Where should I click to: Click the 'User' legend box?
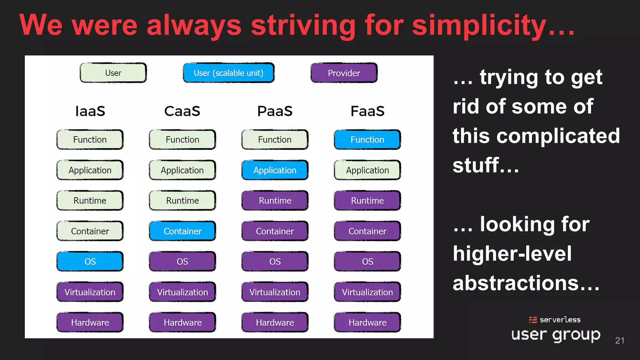[113, 73]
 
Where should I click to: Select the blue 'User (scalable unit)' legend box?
[228, 73]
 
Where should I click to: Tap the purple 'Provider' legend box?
[344, 73]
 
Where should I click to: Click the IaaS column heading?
[90, 111]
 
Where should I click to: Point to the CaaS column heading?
[182, 111]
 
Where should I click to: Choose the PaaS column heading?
[275, 111]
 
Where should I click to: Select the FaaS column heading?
[367, 111]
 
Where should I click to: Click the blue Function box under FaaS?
[367, 139]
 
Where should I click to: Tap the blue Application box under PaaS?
[275, 170]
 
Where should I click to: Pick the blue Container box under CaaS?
[182, 231]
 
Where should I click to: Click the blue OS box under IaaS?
[90, 261]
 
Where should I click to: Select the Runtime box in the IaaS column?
[90, 200]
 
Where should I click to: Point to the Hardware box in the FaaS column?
[367, 322]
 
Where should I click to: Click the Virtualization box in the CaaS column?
[182, 292]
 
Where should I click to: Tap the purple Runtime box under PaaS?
[275, 200]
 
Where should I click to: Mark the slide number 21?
[619, 340]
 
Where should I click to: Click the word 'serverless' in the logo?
[560, 320]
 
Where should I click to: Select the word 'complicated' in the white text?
[558, 136]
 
